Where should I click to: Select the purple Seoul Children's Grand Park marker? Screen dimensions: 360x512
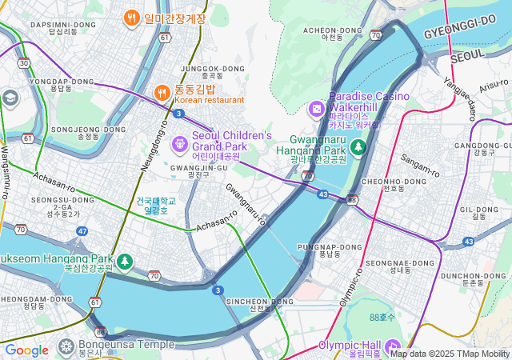pos(180,144)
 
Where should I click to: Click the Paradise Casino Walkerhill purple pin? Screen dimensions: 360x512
pos(317,108)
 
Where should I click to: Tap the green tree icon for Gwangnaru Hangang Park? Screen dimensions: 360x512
pos(358,146)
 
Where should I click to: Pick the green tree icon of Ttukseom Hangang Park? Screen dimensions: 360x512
pos(124,261)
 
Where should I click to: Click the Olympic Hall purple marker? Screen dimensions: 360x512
pos(394,346)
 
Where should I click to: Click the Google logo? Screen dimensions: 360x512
pos(26,350)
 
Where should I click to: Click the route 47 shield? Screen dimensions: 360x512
pos(82,231)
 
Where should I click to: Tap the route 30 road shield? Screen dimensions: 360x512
pos(24,62)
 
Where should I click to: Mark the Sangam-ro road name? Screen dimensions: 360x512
pos(421,166)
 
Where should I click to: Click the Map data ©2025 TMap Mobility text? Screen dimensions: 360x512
pos(450,354)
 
